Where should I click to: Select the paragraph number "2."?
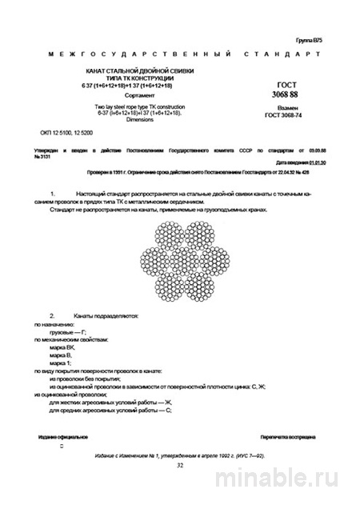point(53,315)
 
